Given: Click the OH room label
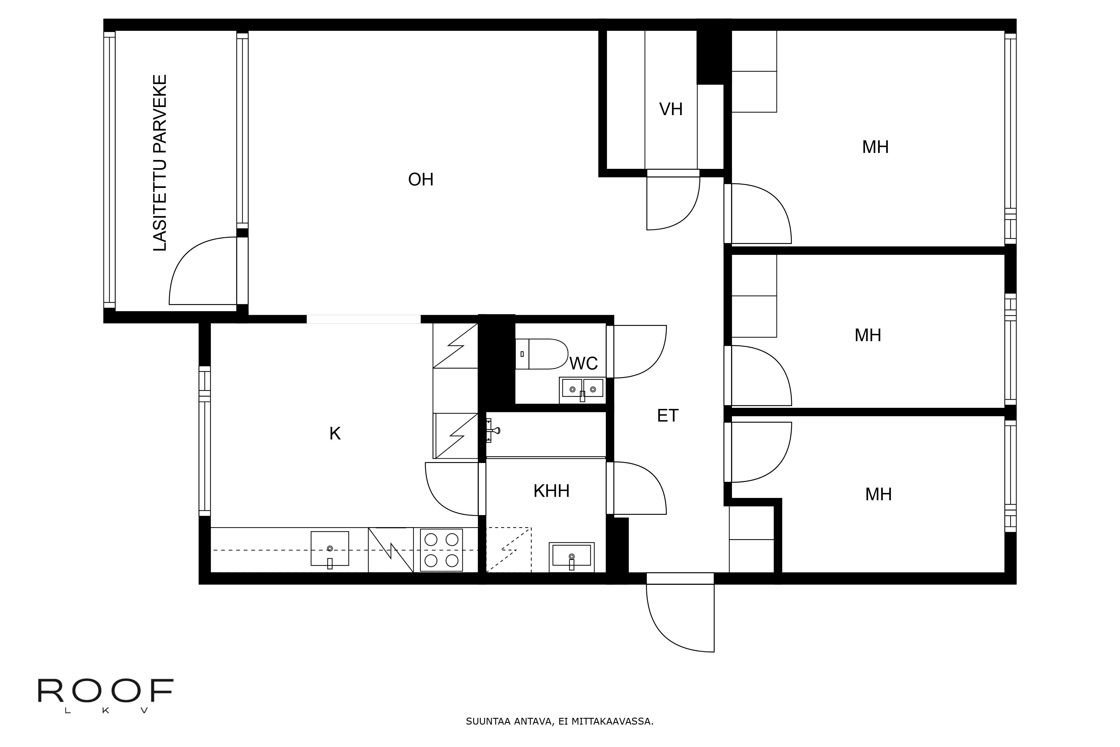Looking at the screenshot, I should pos(421,180).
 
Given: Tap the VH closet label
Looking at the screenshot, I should pos(671,110).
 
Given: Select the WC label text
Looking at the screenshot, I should pos(583,364).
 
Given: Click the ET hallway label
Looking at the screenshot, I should pos(667,416).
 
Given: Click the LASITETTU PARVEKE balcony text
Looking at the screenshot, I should pos(160,163).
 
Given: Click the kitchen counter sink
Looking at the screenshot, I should pos(330,549).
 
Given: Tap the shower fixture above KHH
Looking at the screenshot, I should pos(493,431).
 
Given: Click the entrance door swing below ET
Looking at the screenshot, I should pos(680,615).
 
